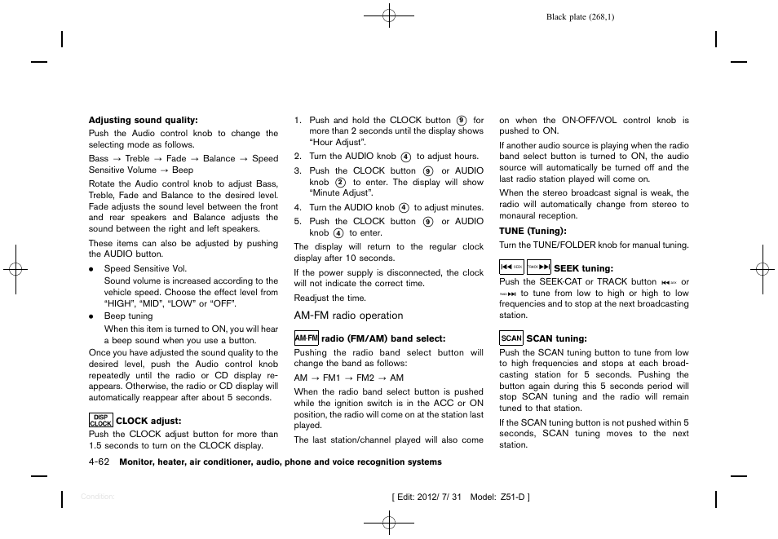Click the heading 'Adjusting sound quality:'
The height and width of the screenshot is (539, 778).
[143, 120]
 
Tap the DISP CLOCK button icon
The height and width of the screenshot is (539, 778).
[100, 420]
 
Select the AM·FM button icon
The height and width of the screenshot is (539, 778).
[306, 338]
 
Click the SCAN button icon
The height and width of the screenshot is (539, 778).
[511, 338]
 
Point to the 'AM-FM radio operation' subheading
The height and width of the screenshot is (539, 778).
[348, 316]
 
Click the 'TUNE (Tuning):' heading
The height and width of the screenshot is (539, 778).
[532, 231]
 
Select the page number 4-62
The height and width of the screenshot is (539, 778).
[99, 462]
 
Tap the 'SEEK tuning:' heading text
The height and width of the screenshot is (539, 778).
[583, 268]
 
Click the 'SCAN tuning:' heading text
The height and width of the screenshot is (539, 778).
[556, 338]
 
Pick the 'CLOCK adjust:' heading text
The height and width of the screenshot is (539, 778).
[148, 421]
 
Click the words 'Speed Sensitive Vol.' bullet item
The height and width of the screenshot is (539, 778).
[145, 268]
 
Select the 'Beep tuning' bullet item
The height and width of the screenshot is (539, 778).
[128, 316]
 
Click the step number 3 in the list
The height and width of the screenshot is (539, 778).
[298, 171]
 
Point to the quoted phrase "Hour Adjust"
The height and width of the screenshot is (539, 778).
[337, 142]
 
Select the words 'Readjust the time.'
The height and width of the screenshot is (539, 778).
[330, 298]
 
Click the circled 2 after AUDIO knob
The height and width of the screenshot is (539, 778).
[340, 183]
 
